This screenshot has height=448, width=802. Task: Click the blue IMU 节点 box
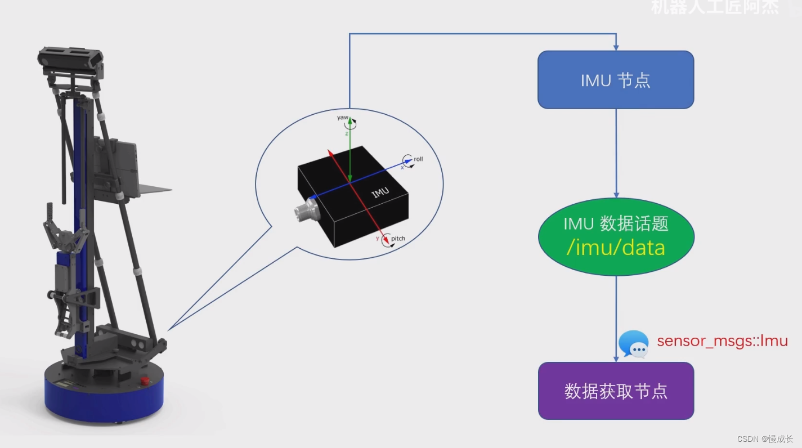(x=616, y=79)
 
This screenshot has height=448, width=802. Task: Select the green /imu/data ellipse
(x=616, y=236)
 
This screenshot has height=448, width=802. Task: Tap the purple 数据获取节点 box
(x=616, y=391)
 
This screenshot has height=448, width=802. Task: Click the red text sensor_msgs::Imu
(x=722, y=341)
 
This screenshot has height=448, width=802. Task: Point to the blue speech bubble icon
(x=633, y=344)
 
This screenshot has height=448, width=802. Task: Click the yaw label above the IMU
(x=343, y=118)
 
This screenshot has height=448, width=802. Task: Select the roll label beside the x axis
(x=418, y=159)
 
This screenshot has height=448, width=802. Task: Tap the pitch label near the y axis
(x=398, y=239)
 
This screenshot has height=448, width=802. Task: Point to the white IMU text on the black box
(x=380, y=192)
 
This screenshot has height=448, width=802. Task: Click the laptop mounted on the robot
(x=118, y=163)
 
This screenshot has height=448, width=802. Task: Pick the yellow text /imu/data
(x=616, y=248)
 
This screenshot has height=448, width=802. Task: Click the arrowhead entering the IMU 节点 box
(x=616, y=46)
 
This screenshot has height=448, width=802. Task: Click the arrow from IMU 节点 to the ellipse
(x=616, y=152)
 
